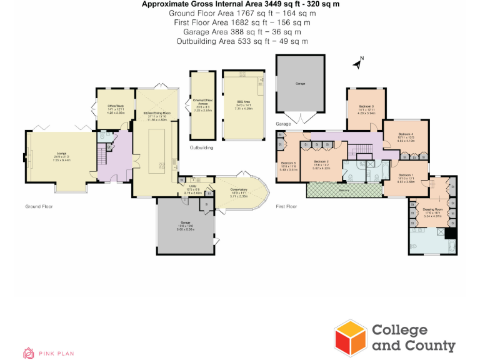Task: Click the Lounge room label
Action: point(61,156)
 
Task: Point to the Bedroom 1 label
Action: point(406,177)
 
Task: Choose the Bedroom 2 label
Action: point(320,164)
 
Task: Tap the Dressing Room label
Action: point(432,211)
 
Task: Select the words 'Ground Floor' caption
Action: point(39,206)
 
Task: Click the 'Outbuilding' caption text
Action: point(201,148)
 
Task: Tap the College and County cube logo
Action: point(350,337)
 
